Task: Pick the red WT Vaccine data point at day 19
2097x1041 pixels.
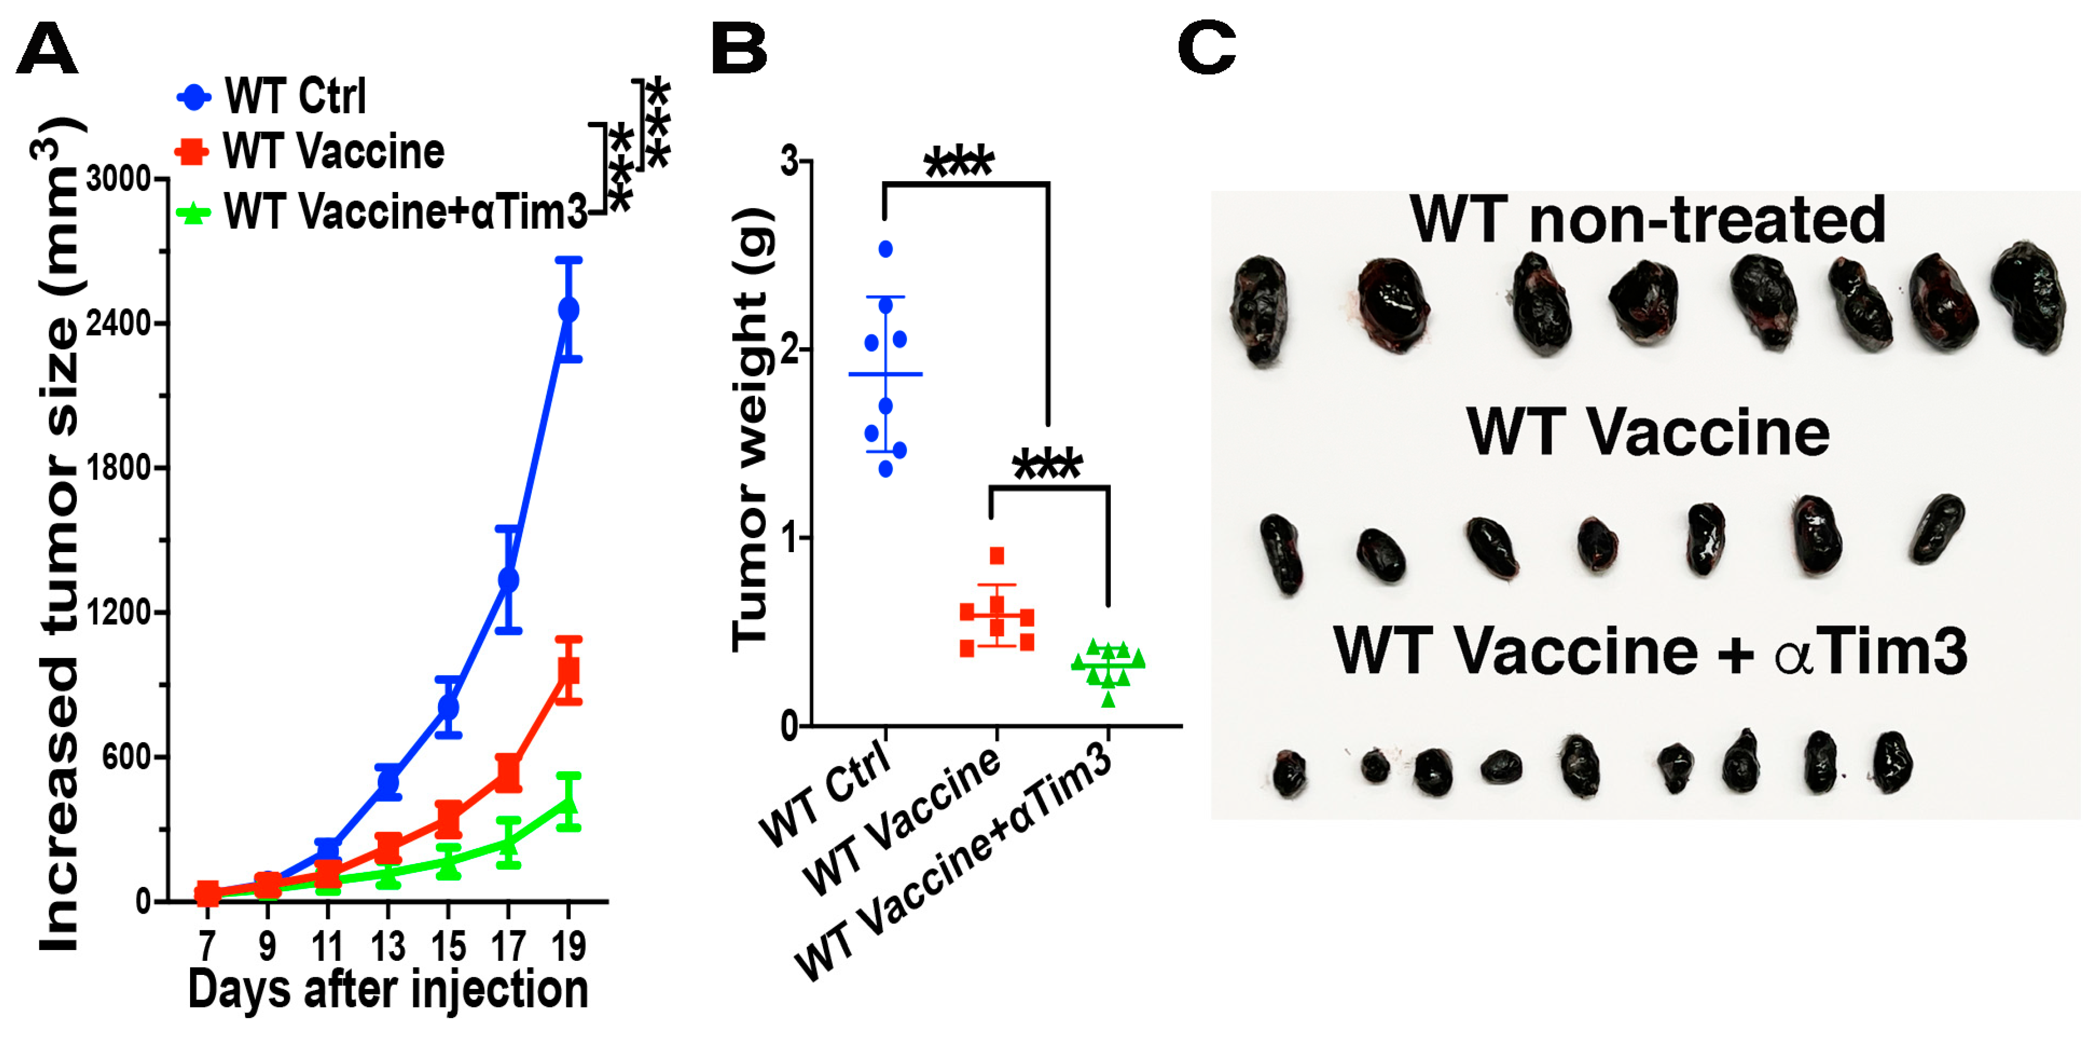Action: (569, 671)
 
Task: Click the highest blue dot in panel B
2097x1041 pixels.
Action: (886, 249)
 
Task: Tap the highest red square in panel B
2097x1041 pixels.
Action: (996, 556)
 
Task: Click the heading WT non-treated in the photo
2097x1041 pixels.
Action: (1648, 220)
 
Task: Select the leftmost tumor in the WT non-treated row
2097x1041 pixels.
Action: (1260, 311)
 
